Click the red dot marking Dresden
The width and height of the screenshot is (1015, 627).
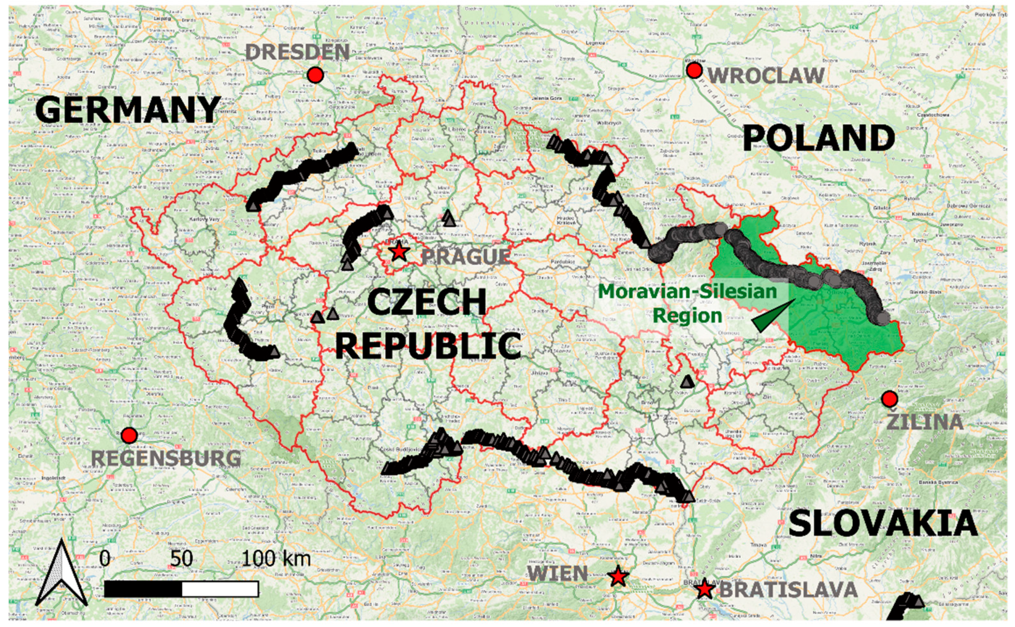[315, 75]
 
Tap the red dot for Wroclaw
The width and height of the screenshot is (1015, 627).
[694, 71]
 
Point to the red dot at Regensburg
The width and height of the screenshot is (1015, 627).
[130, 435]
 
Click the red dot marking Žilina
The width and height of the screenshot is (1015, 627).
[890, 399]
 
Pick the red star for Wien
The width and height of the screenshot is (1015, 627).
[618, 576]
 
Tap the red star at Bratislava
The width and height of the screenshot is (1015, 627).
[704, 590]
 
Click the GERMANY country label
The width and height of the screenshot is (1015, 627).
[128, 110]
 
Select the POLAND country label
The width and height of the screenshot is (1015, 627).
[819, 138]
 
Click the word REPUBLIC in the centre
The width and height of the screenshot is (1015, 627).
[427, 345]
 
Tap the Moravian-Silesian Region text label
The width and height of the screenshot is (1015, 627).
[687, 303]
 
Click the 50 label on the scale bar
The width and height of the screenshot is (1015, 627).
[181, 559]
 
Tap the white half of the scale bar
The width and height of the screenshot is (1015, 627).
[220, 589]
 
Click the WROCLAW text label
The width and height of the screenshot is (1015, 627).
[766, 76]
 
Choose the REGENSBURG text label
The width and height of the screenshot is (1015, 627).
[165, 459]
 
